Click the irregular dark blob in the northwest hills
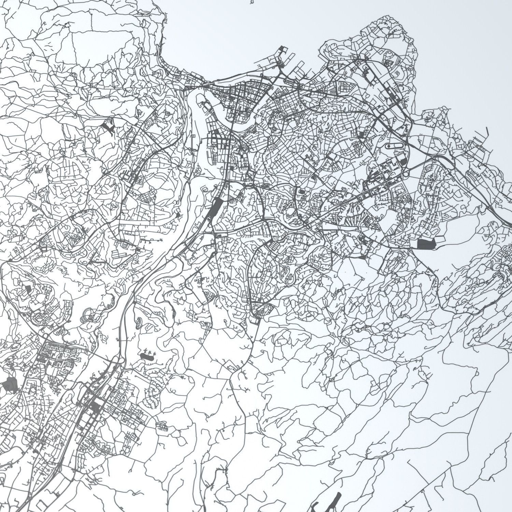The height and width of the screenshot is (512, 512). (x=109, y=127)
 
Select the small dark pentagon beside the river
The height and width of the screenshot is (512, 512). (x=178, y=215)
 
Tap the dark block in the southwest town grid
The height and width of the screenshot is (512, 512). (x=96, y=405)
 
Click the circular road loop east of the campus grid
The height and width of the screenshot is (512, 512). (x=406, y=174)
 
